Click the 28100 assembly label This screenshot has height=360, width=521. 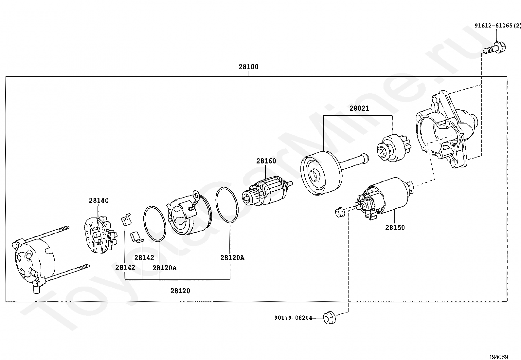tap(248, 67)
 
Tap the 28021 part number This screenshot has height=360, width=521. tap(359, 108)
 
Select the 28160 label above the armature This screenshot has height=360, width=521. tap(266, 161)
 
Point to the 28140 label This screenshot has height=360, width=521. tap(99, 200)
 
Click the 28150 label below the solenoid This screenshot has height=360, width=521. tap(395, 228)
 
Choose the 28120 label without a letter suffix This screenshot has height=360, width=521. tap(180, 291)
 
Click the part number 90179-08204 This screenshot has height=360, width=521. tap(293, 318)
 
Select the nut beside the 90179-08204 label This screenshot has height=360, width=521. tap(330, 318)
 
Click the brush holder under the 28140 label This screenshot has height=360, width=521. tap(100, 236)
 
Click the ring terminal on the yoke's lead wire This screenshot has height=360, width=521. tap(196, 194)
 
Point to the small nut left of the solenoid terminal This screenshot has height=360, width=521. tap(340, 212)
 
